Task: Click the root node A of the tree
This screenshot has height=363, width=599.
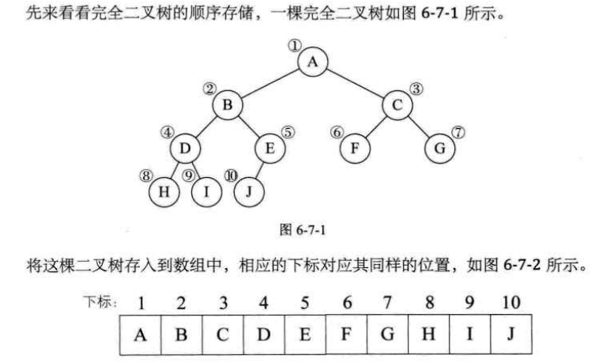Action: [313, 62]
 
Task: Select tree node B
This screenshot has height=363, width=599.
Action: [227, 104]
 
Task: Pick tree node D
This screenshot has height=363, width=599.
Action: [184, 147]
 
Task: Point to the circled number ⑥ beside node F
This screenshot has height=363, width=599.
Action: [337, 132]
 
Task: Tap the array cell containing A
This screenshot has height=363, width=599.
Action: [141, 334]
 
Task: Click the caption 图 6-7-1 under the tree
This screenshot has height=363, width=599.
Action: [304, 231]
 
